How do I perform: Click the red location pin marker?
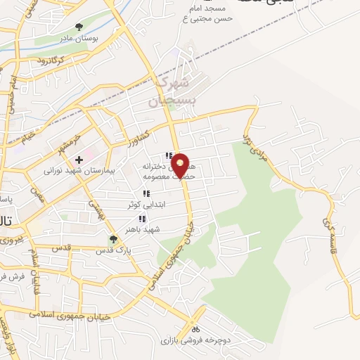tap(181, 164)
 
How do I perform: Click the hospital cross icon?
tap(79, 160)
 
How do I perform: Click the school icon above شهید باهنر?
tap(143, 219)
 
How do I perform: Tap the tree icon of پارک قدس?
tap(113, 239)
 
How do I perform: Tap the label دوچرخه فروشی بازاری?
tap(192, 340)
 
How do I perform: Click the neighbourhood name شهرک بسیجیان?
tap(172, 91)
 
